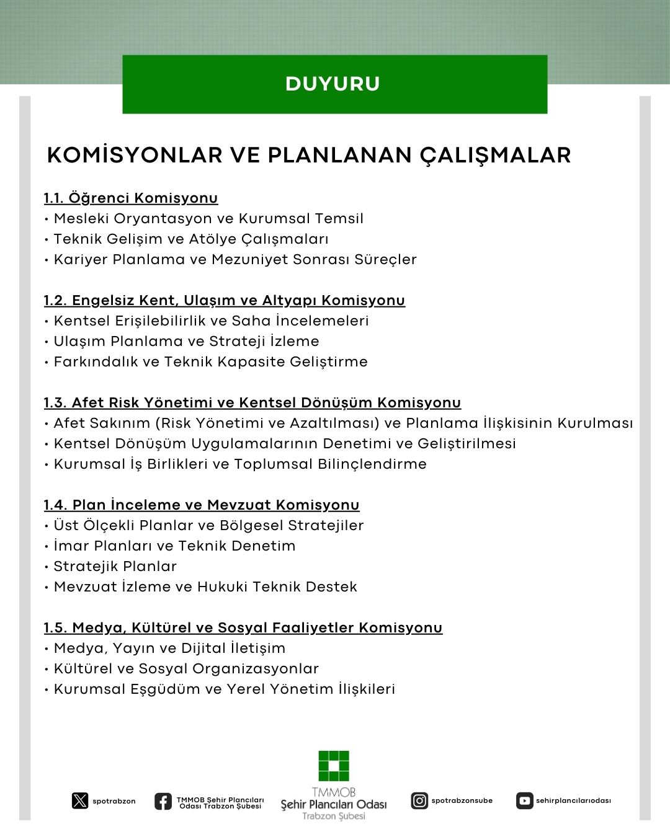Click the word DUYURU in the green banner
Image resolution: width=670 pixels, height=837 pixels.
click(x=333, y=84)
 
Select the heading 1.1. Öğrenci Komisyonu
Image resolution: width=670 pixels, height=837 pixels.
click(x=131, y=198)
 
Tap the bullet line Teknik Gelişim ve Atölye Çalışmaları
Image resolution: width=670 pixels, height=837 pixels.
click(x=191, y=239)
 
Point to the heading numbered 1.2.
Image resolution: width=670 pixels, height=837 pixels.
click(x=224, y=300)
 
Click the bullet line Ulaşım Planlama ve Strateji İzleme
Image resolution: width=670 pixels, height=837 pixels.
click(x=186, y=341)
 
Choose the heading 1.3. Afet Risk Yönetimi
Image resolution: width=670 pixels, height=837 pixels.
click(x=252, y=402)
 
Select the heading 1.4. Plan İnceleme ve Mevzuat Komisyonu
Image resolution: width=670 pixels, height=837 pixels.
click(x=202, y=505)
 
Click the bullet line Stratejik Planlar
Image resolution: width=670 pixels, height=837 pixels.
click(x=115, y=566)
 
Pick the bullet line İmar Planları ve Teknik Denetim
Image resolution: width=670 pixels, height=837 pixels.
click(x=174, y=546)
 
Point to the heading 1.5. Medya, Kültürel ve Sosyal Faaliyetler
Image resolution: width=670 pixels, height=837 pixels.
click(x=243, y=627)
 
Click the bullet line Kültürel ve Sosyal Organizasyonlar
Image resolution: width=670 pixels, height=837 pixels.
click(x=186, y=668)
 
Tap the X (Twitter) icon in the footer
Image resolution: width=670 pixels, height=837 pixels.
click(x=80, y=800)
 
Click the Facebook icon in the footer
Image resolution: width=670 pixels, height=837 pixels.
click(x=163, y=801)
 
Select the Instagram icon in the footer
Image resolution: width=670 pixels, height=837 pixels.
click(x=419, y=800)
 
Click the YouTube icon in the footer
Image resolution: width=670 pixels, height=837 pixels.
click(x=524, y=800)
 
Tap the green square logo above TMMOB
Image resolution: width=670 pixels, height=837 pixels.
click(x=334, y=766)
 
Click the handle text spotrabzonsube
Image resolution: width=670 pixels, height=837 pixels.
click(x=462, y=800)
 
